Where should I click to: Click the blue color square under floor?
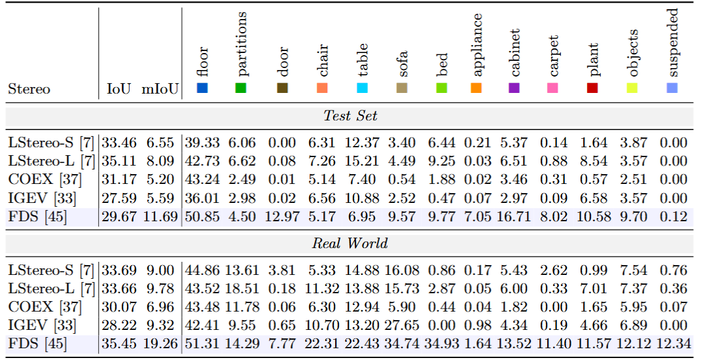pos(202,88)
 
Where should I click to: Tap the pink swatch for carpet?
pos(552,88)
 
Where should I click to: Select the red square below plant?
pos(592,88)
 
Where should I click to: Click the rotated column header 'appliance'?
pos(476,45)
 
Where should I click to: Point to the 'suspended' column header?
pos(673,43)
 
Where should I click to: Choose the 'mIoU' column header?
pos(160,88)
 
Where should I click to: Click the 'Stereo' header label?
pos(29,88)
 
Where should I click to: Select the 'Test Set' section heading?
pos(351,116)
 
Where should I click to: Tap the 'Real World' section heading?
pos(350,243)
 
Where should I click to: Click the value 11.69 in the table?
pos(160,217)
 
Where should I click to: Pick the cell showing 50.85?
pos(202,217)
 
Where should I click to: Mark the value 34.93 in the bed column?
pos(441,344)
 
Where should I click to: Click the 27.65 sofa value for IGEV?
pos(402,325)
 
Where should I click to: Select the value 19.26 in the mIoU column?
pos(160,344)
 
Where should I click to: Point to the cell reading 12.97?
pos(282,217)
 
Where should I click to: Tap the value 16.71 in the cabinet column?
pos(514,217)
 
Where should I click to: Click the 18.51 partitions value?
pos(242,289)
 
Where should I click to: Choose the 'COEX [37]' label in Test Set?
pos(45,180)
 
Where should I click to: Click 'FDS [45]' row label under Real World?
pos(37,344)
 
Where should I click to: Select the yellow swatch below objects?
pos(632,88)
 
